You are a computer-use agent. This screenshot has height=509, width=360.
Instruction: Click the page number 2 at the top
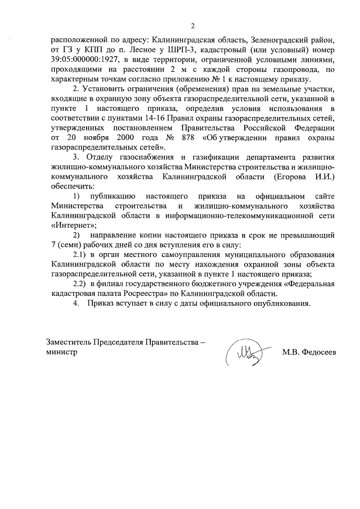point(192,26)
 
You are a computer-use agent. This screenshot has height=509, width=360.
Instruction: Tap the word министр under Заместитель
point(62,352)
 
